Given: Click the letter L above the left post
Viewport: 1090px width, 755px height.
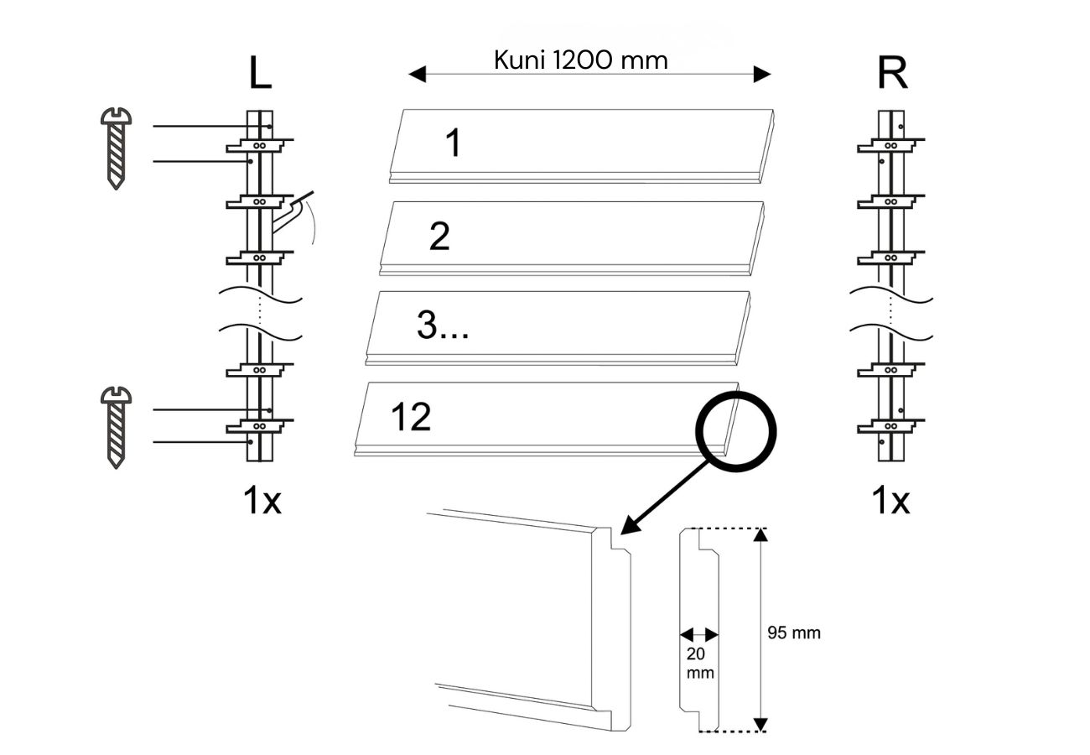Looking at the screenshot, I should (x=260, y=74).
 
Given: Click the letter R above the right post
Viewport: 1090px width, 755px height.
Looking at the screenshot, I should (x=891, y=74).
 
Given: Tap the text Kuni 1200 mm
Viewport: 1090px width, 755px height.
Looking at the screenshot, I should (x=581, y=60).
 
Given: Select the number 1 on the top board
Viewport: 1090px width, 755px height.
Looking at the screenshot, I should (x=453, y=143).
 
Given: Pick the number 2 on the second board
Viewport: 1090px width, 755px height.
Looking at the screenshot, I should (x=439, y=237).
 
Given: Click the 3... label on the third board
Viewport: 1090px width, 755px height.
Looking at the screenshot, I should (x=442, y=326).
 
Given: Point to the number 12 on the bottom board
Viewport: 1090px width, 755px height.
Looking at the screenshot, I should (x=411, y=417).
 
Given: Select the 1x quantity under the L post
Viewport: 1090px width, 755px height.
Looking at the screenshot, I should (x=262, y=501).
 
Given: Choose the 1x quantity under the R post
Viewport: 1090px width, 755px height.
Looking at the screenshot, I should (x=890, y=501).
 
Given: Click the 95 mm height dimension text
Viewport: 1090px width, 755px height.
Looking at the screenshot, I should (x=794, y=633).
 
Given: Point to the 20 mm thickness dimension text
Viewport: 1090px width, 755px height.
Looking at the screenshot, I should (x=700, y=663).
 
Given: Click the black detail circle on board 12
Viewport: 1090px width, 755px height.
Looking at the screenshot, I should (x=736, y=432).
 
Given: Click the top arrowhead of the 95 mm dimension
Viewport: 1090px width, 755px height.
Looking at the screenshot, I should (x=760, y=536).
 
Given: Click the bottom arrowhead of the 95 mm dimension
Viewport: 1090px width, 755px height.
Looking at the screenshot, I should (x=760, y=724).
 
